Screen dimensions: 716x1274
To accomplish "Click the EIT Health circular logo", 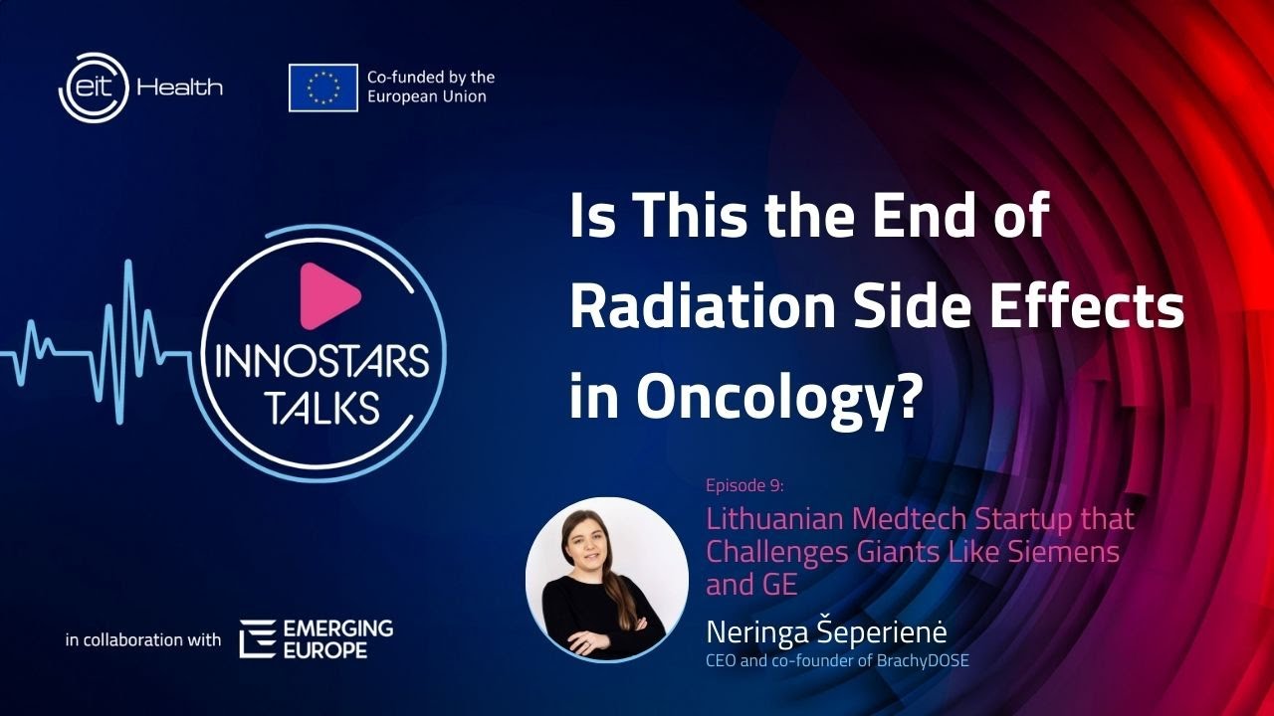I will [93, 87].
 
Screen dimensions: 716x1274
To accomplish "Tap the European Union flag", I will [323, 88].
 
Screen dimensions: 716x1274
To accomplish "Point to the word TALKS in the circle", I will [323, 407].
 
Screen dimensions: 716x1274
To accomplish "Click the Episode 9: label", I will [744, 486].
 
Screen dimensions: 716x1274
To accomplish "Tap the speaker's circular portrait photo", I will [607, 579].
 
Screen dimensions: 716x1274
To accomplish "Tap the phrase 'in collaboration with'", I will [143, 639].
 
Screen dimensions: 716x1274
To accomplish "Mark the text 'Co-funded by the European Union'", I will [430, 87].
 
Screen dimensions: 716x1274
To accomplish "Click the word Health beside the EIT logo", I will [180, 88].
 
